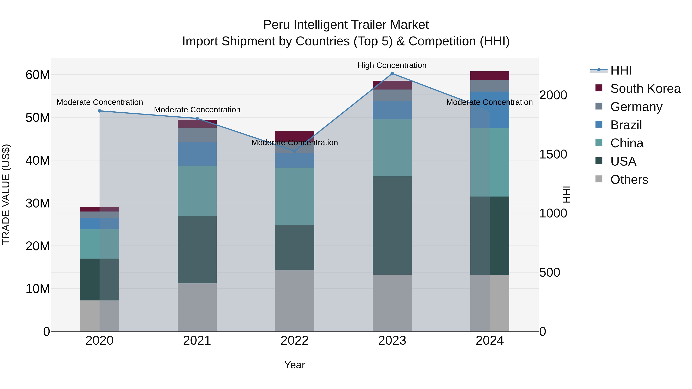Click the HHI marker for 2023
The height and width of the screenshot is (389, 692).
(x=392, y=74)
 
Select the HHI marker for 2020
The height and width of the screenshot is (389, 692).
(x=99, y=111)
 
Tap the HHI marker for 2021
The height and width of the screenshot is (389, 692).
(x=197, y=118)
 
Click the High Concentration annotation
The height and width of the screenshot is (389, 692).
(x=392, y=65)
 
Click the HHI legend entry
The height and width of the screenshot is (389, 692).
(x=621, y=70)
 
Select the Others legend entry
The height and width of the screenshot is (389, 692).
(x=629, y=180)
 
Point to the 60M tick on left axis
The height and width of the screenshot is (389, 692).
(x=38, y=75)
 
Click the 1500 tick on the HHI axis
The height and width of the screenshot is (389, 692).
(x=553, y=154)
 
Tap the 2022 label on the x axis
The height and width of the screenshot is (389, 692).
(x=294, y=341)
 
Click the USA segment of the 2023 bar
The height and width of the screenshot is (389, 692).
(x=392, y=226)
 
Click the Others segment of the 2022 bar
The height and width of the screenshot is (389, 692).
(x=294, y=301)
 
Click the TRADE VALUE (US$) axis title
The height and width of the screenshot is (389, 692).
(x=6, y=194)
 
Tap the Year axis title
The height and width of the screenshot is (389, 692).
(x=294, y=365)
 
